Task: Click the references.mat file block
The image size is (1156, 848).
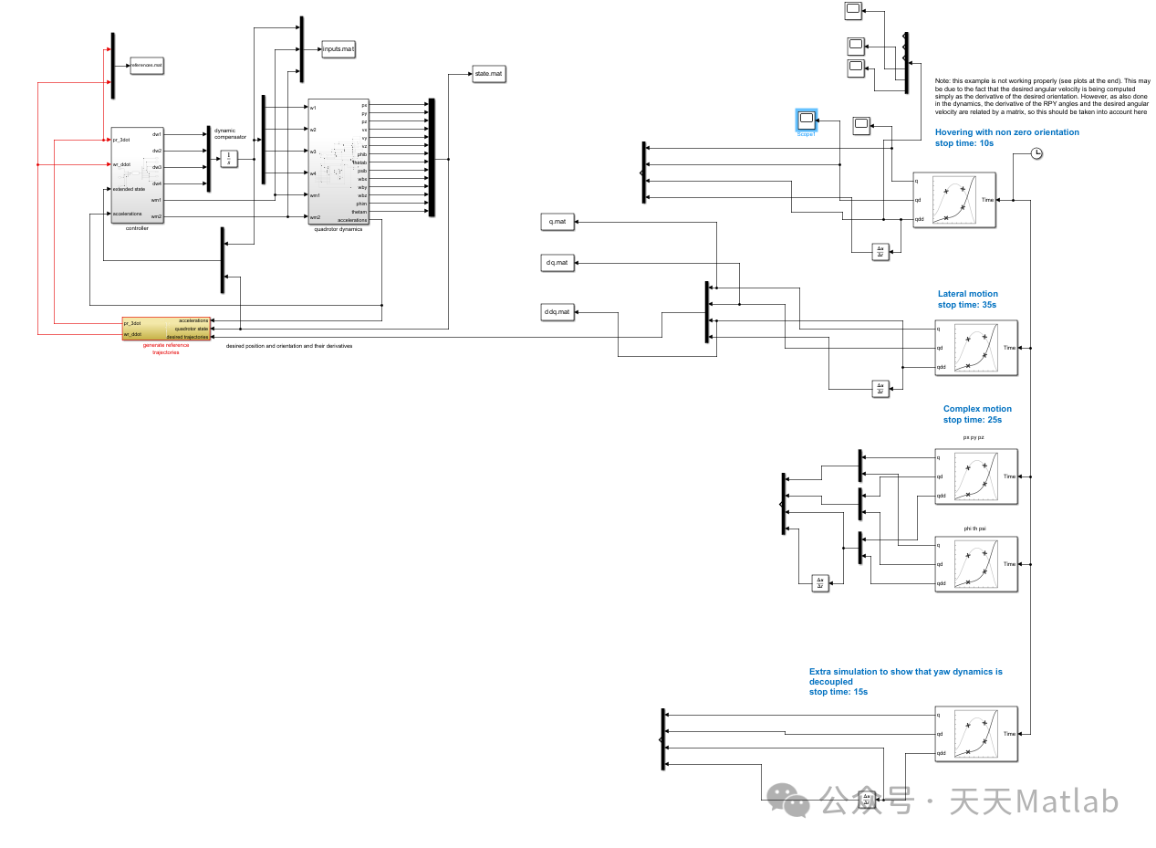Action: (146, 66)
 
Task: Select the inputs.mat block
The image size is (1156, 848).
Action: (338, 48)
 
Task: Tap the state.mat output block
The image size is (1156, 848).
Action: (488, 74)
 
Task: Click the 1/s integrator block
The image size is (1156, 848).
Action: (229, 158)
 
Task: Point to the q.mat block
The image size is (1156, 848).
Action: (557, 222)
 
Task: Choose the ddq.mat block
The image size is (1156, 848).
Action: (557, 312)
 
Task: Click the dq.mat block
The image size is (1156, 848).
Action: (557, 263)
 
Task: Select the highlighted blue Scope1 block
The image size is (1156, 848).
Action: (806, 120)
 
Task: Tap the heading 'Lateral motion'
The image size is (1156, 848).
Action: (967, 294)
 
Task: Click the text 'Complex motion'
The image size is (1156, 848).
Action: (977, 409)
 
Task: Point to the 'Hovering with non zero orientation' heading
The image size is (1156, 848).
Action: (1006, 132)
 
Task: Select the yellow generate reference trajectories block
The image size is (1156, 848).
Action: (166, 329)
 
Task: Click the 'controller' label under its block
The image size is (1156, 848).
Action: (137, 228)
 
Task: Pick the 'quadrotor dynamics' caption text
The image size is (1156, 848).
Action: (338, 229)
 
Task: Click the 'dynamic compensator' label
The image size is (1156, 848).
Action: (230, 134)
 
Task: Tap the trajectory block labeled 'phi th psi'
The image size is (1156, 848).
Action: (975, 564)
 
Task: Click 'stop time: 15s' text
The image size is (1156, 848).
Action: (838, 692)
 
